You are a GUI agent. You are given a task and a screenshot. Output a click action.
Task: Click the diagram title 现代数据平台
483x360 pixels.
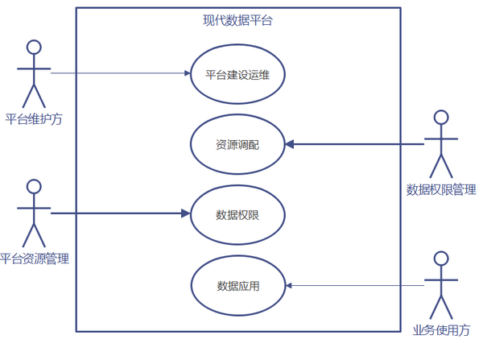[x=237, y=20]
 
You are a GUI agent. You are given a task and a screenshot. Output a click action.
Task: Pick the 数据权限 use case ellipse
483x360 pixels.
[x=237, y=186]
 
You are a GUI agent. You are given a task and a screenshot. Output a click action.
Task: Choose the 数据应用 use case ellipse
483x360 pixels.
[x=237, y=257]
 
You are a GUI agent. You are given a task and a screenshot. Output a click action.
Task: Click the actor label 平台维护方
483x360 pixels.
[x=34, y=119]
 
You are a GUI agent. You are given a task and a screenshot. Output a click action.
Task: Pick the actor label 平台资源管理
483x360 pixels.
[x=35, y=259]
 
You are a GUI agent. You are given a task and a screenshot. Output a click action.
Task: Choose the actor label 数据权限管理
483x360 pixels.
[x=441, y=189]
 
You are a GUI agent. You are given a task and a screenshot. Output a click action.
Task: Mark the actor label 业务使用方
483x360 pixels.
[x=441, y=330]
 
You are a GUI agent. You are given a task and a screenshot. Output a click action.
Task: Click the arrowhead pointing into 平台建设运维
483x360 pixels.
[x=188, y=73]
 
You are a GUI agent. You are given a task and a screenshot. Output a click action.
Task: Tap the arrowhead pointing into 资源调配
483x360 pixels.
[x=290, y=144]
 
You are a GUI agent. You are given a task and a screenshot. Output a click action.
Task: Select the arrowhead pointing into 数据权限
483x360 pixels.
[x=186, y=213]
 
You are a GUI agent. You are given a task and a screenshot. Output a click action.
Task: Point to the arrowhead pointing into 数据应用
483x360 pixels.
[x=289, y=286]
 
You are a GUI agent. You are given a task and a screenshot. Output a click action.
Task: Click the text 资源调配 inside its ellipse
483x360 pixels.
[x=237, y=144]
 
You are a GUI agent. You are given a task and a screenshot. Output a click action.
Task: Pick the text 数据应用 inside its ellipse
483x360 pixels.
[x=238, y=286]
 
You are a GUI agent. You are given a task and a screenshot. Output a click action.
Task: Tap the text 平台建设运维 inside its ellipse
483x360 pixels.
[x=237, y=75]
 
